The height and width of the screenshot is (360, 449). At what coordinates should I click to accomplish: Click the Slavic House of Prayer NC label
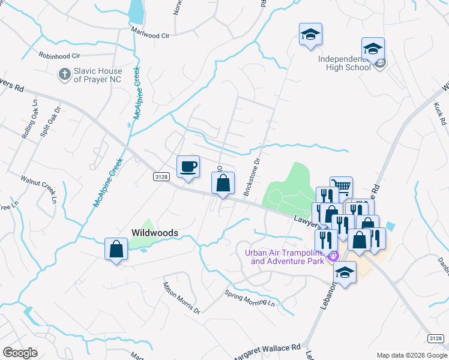pos(98,75)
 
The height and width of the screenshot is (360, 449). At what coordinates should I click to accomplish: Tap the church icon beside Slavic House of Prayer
pos(64,75)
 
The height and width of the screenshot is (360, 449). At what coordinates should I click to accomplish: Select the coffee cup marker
pos(188,166)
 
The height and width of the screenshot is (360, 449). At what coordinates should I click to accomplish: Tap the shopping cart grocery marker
pos(341,187)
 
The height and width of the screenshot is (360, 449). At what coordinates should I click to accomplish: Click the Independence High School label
pos(345,64)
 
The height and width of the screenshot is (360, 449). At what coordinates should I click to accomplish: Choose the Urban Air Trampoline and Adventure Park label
pos(285,256)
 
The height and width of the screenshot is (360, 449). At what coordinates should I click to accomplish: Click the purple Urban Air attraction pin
pos(334,256)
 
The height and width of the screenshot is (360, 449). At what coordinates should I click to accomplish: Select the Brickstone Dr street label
pos(252,178)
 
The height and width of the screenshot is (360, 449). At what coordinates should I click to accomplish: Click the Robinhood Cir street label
pos(59,55)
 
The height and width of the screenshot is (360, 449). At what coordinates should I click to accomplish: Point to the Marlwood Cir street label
pos(150,35)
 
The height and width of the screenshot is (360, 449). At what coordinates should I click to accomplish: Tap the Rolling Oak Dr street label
pos(31,124)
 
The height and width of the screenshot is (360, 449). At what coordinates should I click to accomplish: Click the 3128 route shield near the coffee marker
pos(161,176)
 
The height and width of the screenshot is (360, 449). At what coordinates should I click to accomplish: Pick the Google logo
pos(20,353)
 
